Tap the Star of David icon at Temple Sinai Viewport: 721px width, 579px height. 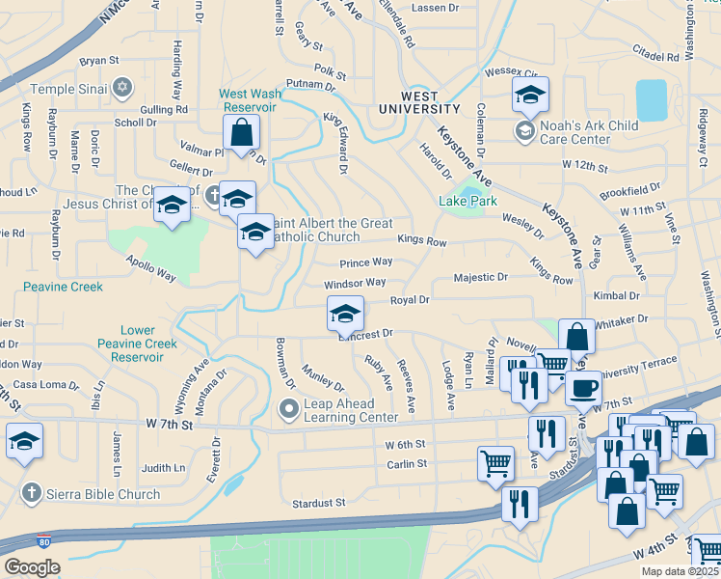click(x=121, y=88)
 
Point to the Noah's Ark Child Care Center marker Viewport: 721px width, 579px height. click(x=525, y=130)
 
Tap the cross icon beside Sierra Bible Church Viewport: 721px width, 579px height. click(x=30, y=494)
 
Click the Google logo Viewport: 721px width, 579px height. click(x=32, y=566)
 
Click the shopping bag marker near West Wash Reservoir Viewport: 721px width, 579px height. click(x=241, y=133)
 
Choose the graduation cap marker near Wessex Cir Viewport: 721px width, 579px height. click(x=529, y=95)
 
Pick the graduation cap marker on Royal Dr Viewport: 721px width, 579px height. click(x=345, y=313)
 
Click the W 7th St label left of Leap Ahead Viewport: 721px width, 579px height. click(x=171, y=424)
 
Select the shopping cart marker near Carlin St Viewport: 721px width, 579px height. click(x=495, y=462)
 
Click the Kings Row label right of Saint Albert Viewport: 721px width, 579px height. click(x=422, y=242)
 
